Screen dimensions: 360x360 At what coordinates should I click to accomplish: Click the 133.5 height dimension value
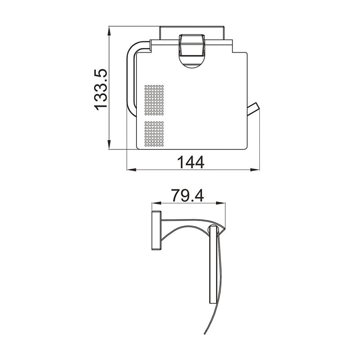tap(100, 89)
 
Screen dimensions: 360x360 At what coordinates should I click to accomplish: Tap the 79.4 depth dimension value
tap(188, 196)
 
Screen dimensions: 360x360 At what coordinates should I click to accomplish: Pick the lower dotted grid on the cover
tap(153, 134)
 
